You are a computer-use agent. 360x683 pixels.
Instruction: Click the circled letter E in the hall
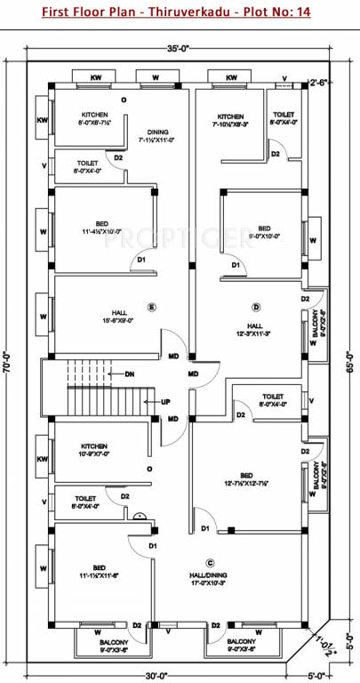[x=152, y=308]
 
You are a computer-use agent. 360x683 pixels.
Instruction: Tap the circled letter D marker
[x=255, y=308]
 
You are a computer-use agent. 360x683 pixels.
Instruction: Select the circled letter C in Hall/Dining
[x=210, y=562]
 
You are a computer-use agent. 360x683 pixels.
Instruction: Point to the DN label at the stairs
[x=129, y=373]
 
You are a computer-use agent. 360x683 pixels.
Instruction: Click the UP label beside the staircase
[x=165, y=402]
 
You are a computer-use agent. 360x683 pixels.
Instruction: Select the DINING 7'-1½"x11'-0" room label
[x=157, y=134]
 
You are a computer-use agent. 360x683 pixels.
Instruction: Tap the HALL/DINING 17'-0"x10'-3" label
[x=211, y=579]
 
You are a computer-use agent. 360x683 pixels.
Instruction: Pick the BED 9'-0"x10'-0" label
[x=264, y=232]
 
